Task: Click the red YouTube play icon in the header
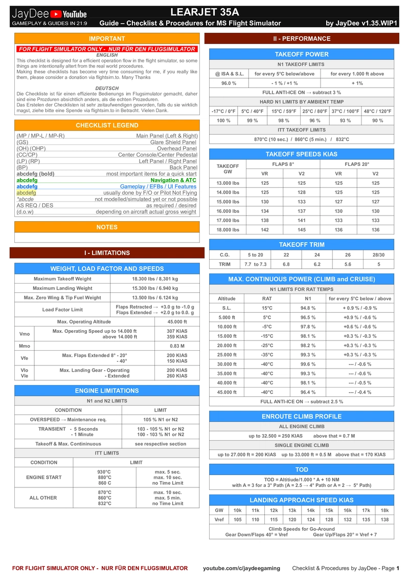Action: (56, 14)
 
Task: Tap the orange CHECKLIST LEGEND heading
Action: (107, 125)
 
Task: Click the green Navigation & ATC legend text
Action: (173, 180)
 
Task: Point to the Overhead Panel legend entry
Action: (177, 148)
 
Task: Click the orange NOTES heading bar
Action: (107, 227)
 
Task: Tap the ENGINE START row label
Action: (43, 477)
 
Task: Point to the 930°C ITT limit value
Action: (104, 471)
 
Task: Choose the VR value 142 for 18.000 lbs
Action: (265, 230)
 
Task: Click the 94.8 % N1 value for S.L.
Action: (308, 308)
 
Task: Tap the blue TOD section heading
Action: (302, 469)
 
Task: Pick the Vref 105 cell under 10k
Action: (237, 520)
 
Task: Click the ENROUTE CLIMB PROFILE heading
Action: (302, 416)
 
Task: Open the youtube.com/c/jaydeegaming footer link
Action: (241, 568)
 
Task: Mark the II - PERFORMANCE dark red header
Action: (302, 38)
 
